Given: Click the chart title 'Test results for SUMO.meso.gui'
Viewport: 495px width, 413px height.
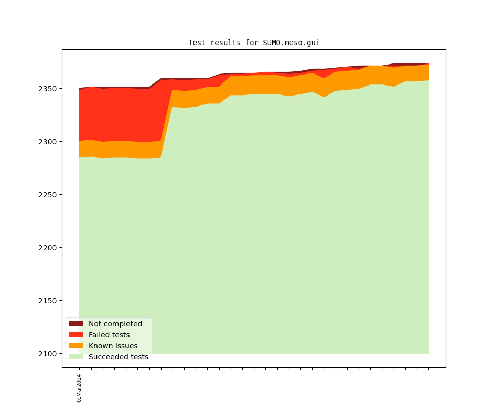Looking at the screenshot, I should (254, 43).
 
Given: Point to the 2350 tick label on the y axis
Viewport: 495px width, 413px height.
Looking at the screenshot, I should (49, 89).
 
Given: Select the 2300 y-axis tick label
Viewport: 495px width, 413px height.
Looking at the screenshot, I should (49, 142).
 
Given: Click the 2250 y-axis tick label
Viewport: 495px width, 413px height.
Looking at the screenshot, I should (49, 195).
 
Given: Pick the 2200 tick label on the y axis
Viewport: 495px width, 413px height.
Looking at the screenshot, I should (49, 248).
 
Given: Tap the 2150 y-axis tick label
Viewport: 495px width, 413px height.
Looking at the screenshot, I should (49, 301).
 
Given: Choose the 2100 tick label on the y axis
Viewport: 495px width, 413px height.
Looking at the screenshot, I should (49, 354).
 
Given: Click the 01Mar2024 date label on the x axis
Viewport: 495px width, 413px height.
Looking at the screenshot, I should (79, 388).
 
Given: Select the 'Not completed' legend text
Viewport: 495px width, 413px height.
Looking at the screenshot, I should (115, 324).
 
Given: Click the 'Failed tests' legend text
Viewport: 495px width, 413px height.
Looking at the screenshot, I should (109, 335).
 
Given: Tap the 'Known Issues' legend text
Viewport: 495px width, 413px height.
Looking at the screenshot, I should (113, 346).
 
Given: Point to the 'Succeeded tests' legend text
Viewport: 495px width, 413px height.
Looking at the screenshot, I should (119, 357).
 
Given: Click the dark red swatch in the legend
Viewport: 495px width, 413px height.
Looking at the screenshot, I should (76, 324).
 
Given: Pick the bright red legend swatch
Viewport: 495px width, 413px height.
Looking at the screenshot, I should (76, 335).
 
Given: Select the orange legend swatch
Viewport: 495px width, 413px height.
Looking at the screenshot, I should (76, 346).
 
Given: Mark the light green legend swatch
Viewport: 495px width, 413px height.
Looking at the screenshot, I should (76, 357).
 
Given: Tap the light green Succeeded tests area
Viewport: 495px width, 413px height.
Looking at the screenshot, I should (262, 236).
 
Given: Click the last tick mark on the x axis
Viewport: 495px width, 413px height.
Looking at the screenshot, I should (429, 368).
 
